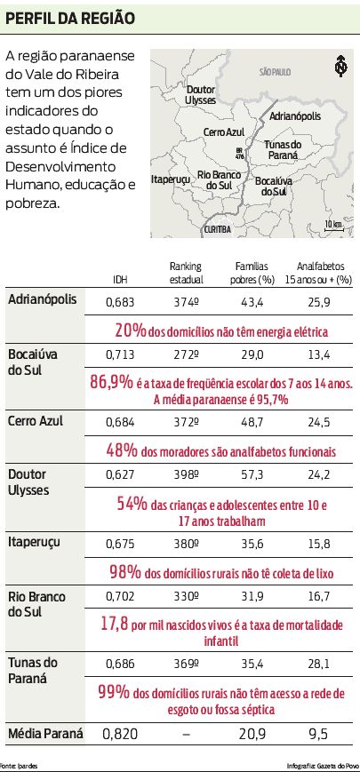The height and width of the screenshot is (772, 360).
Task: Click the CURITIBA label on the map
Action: pos(217,229)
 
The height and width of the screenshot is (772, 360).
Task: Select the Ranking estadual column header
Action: pos(186,274)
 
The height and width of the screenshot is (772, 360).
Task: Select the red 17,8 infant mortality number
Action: pos(114,624)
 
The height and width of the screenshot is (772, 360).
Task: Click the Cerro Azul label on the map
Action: pos(223,131)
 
